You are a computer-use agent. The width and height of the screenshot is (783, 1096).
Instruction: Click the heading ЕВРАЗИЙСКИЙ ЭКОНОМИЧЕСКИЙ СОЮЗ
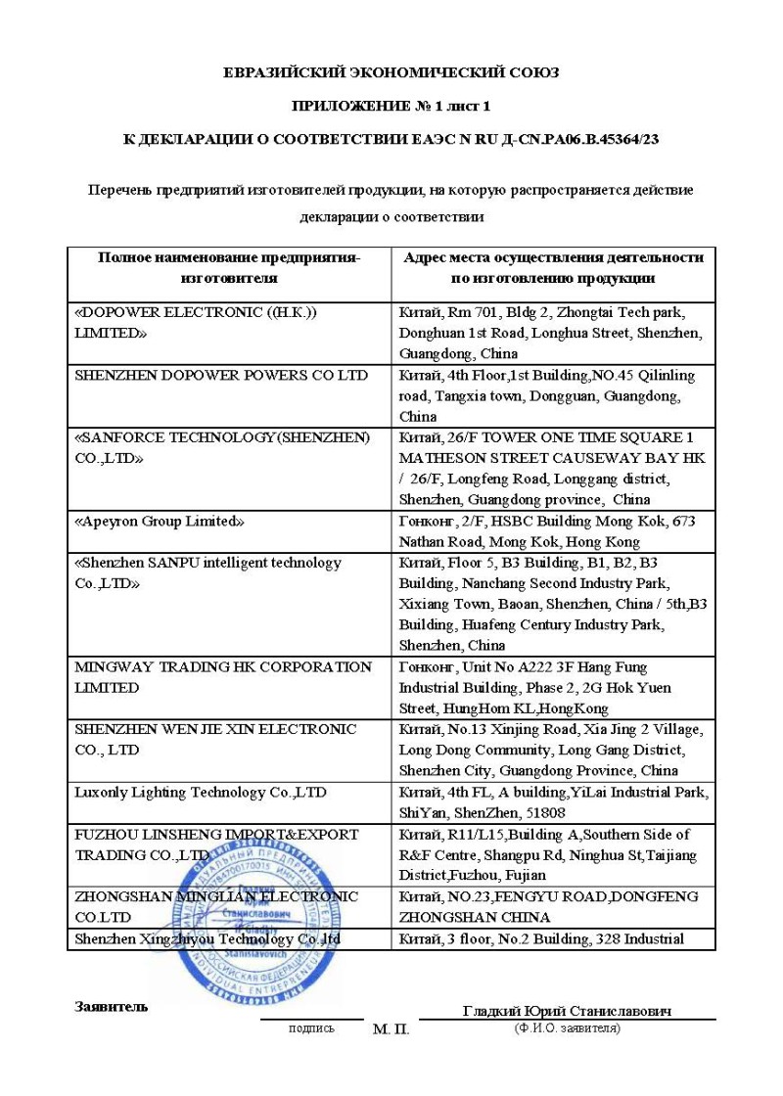point(391,72)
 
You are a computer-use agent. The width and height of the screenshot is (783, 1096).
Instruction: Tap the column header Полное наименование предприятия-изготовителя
point(229,267)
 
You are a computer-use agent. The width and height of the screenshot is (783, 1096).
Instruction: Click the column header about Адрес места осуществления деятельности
point(553,267)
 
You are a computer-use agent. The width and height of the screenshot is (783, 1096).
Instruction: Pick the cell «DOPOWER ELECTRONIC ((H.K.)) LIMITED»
point(196,322)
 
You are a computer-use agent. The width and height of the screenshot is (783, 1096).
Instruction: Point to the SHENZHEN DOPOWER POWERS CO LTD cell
point(221,375)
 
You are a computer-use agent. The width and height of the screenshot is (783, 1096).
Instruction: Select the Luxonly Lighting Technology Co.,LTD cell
point(201,792)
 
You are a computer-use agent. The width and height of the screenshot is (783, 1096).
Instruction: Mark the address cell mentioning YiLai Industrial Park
point(553,801)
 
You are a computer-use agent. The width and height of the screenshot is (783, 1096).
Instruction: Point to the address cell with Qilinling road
point(553,395)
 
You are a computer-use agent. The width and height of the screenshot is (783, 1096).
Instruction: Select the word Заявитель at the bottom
point(112,1006)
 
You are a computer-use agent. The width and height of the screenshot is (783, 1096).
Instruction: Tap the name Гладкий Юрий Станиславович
point(567,1011)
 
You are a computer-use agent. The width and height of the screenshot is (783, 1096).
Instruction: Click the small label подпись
point(311,1028)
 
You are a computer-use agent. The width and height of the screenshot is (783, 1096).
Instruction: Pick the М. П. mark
point(391,1029)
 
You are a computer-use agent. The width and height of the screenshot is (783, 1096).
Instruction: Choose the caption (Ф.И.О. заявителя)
point(567,1027)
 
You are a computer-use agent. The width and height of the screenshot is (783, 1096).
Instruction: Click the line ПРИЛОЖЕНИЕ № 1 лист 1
point(391,106)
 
